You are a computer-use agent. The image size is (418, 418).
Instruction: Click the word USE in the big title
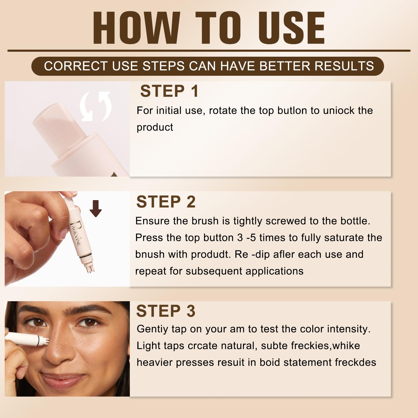coord(292,28)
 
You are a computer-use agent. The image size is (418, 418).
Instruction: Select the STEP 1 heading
coord(169,91)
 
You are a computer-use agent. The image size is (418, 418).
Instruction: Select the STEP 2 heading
coord(166,202)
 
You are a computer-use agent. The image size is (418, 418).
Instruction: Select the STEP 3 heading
coord(166,311)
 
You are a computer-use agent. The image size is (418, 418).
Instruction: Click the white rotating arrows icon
coord(96,106)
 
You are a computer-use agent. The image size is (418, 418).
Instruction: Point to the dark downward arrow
coord(96,208)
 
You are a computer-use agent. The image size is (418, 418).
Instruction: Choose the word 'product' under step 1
coord(155,127)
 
